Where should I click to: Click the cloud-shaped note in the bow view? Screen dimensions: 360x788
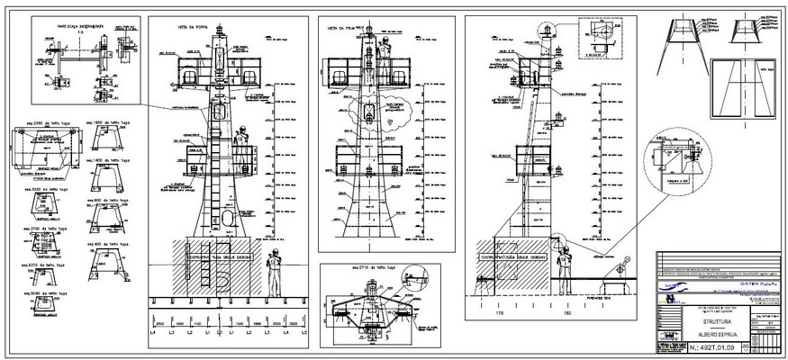[x=394, y=112]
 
